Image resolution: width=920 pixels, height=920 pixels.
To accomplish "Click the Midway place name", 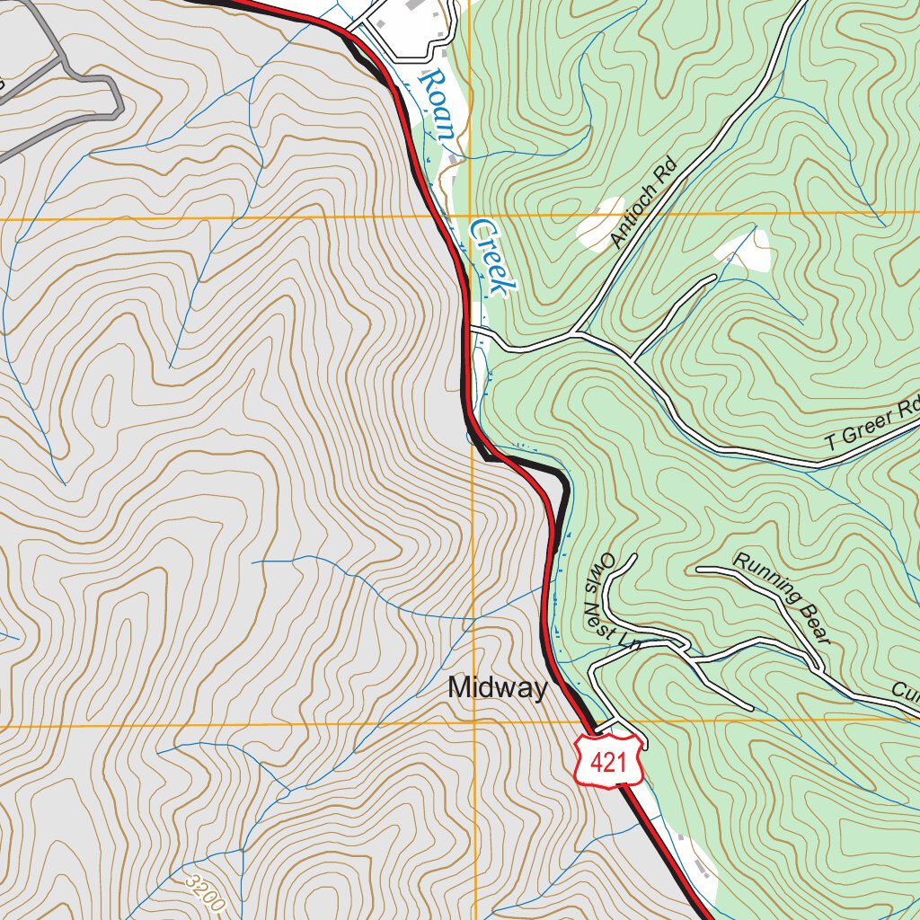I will pyautogui.click(x=497, y=688).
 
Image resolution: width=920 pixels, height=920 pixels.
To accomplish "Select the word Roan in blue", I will pyautogui.click(x=437, y=103).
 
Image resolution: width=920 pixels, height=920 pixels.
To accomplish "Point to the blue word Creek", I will pyautogui.click(x=493, y=257).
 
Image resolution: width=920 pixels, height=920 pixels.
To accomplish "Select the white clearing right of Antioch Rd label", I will pyautogui.click(x=745, y=249).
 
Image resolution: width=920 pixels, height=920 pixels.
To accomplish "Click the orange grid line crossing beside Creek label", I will pyautogui.click(x=471, y=217).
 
